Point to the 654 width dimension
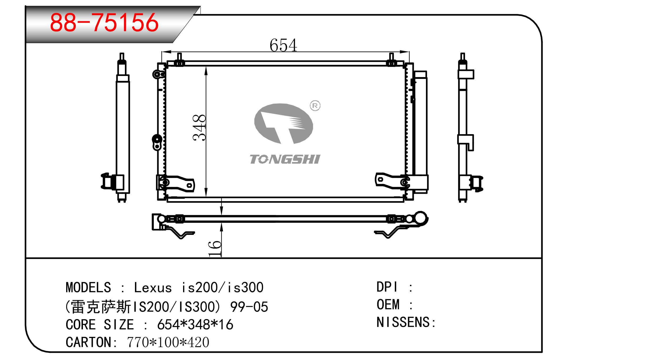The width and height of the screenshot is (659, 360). [283, 45]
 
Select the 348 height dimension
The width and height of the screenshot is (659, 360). [199, 127]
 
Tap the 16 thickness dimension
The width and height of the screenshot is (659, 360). [215, 248]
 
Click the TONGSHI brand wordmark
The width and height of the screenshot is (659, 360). [285, 159]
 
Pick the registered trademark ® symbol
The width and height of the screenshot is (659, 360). [315, 106]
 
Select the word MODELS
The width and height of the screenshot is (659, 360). [88, 287]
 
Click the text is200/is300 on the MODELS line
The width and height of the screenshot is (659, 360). [222, 287]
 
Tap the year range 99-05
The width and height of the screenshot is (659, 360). [249, 307]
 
